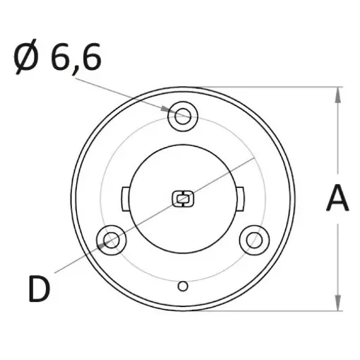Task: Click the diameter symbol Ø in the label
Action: click(28, 59)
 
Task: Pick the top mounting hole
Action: click(184, 116)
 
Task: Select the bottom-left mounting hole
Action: click(111, 241)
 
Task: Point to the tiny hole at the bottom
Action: click(183, 286)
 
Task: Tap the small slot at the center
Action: click(183, 199)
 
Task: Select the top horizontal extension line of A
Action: click(282, 88)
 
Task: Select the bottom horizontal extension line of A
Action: click(282, 310)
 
